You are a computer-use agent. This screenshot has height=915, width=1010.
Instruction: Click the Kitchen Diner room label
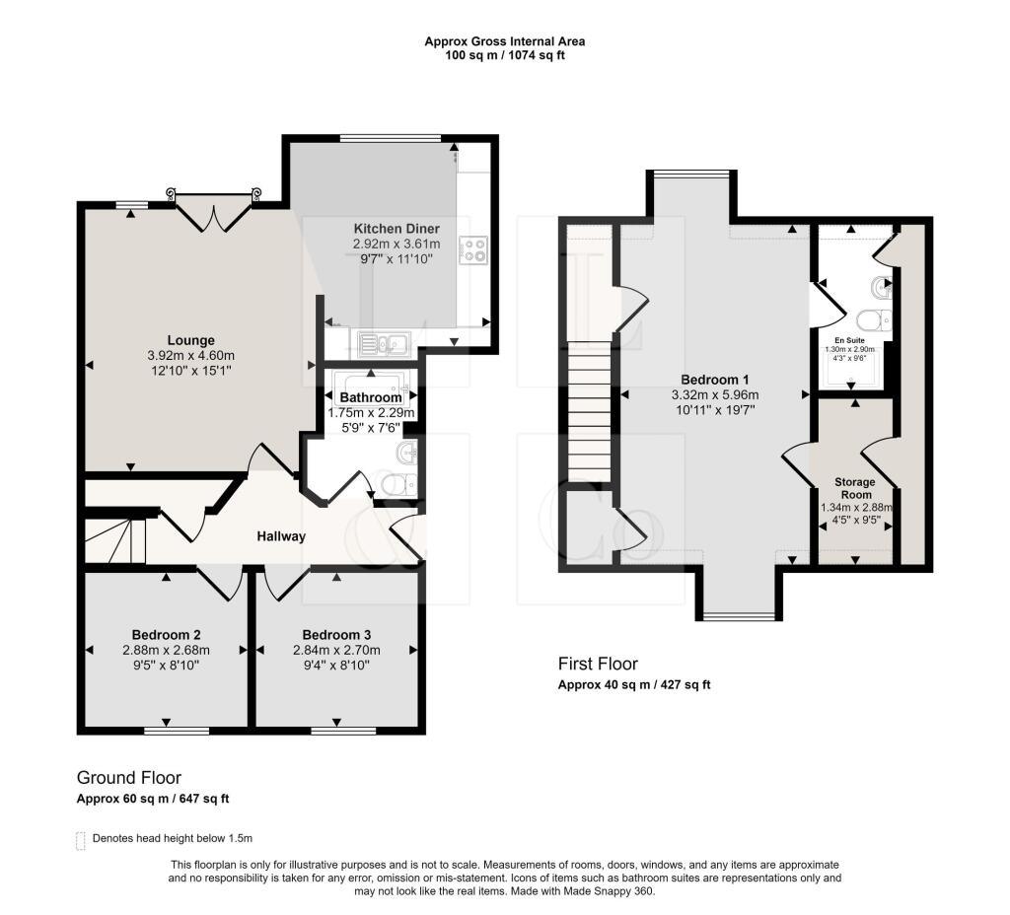coord(396,229)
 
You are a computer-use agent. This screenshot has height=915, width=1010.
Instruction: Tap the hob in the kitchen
coord(474,250)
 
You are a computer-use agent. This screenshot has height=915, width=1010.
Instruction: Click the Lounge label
coord(190,341)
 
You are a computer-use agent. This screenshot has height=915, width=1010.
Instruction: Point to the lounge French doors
coord(214,209)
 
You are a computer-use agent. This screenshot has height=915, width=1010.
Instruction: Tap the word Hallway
coord(281,536)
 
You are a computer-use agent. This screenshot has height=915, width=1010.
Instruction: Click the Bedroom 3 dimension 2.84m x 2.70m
coord(336,650)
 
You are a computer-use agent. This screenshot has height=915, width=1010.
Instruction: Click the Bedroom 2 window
coord(177,731)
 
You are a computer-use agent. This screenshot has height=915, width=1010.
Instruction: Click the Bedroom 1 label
coord(712,380)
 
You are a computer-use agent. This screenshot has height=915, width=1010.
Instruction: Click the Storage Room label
coord(855,488)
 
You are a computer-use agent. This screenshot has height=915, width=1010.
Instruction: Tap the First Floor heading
coord(598,664)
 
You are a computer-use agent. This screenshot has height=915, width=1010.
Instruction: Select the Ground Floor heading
coord(129,778)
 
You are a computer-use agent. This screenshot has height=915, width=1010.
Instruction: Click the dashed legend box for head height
coord(81,840)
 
